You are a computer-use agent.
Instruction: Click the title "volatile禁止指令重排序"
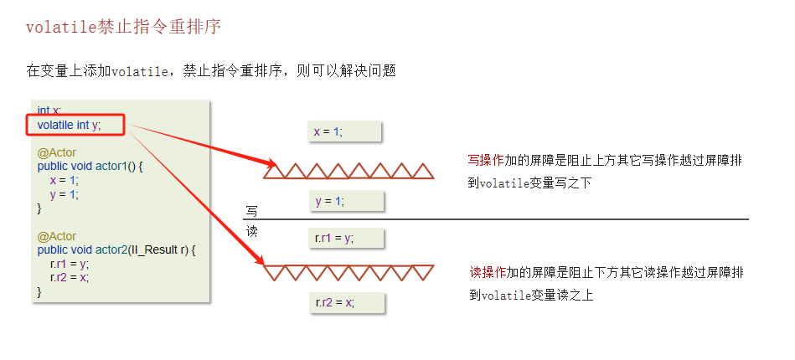click(x=123, y=27)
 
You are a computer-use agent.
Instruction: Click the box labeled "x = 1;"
click(x=345, y=131)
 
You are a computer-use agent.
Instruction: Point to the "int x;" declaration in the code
click(x=49, y=111)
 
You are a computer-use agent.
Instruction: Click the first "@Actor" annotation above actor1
click(x=56, y=153)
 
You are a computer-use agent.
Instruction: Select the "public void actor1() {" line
click(x=90, y=167)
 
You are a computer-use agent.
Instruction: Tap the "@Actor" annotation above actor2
click(x=56, y=237)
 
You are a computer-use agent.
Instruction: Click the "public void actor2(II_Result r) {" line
click(x=116, y=250)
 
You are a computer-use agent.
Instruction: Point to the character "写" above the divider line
click(x=251, y=211)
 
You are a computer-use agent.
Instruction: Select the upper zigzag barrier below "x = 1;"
click(x=348, y=170)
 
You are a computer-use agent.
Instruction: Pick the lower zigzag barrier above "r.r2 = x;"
click(x=348, y=273)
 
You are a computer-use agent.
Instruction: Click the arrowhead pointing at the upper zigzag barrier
click(x=270, y=163)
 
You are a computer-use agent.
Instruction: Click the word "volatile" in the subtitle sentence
click(x=140, y=71)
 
